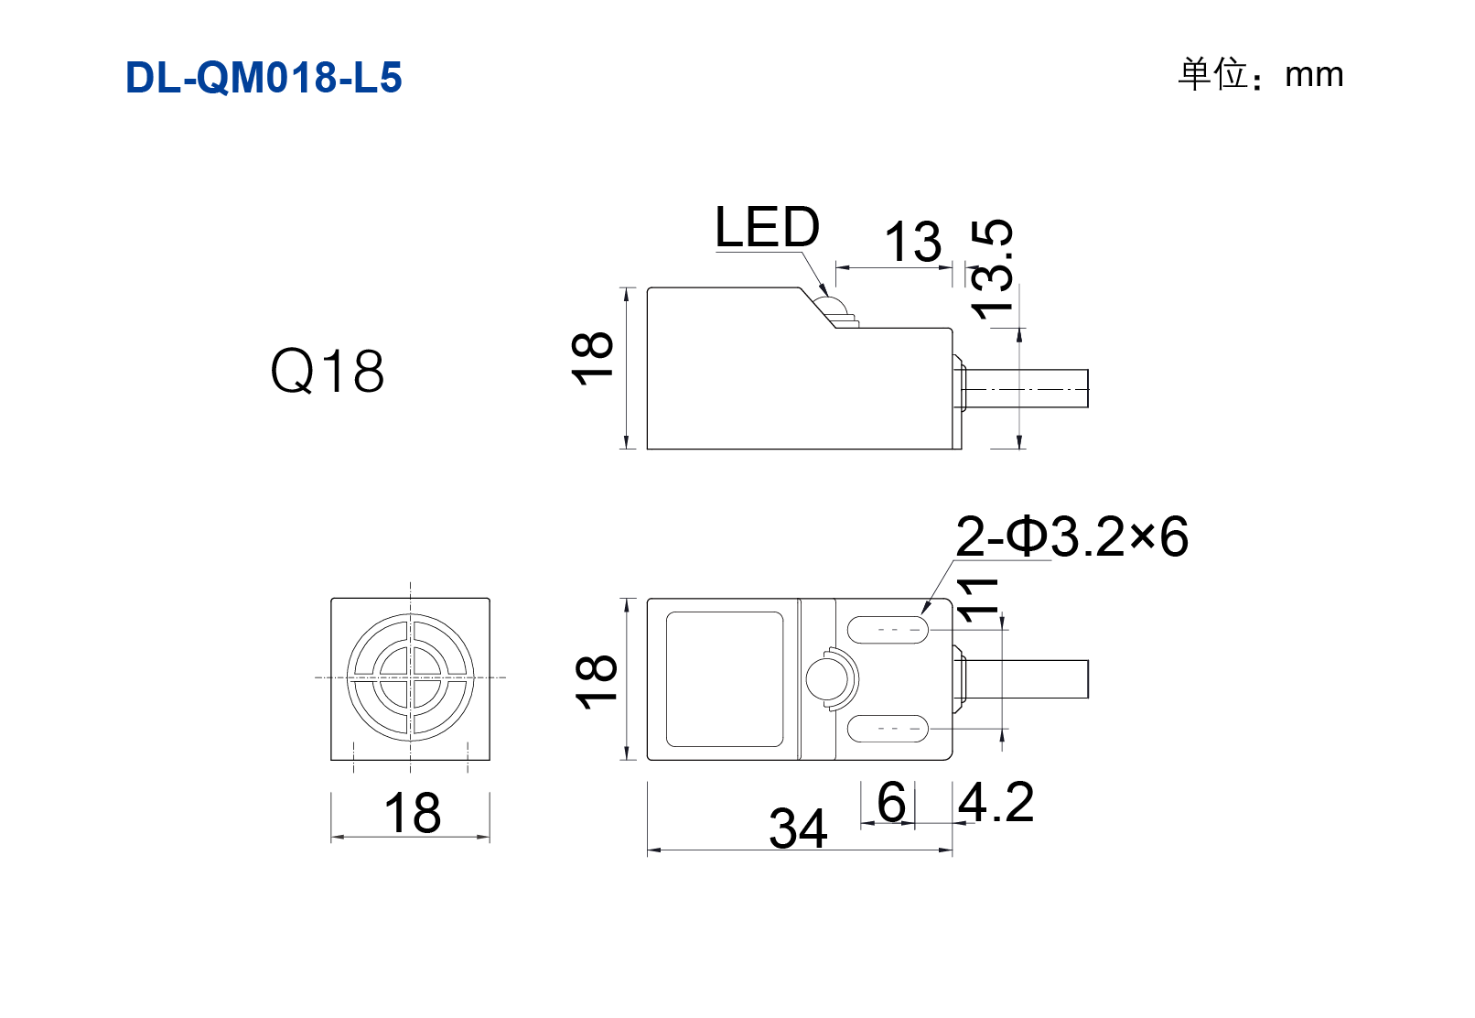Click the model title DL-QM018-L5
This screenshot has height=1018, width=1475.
tap(264, 78)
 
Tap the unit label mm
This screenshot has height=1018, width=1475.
tap(1314, 76)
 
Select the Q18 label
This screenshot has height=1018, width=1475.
tap(327, 371)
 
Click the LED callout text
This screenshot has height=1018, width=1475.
tap(767, 227)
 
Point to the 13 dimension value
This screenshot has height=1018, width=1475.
tap(913, 241)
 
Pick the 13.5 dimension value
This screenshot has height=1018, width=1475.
tap(993, 269)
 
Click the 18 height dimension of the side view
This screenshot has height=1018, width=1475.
tap(592, 358)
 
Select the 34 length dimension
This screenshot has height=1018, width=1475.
tap(797, 828)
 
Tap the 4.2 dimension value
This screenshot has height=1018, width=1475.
tap(996, 802)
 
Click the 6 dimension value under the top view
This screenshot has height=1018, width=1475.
tap(891, 802)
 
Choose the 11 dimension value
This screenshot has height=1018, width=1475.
tap(978, 601)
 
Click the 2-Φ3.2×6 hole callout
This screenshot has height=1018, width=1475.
tap(1071, 537)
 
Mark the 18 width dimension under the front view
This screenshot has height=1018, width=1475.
tap(412, 813)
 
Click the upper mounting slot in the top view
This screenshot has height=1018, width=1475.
tap(888, 630)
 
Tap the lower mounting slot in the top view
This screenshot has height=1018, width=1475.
tap(888, 728)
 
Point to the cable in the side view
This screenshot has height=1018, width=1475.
tap(1025, 389)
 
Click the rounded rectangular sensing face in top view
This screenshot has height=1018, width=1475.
tap(725, 678)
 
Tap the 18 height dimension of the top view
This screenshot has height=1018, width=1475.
tap(596, 681)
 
